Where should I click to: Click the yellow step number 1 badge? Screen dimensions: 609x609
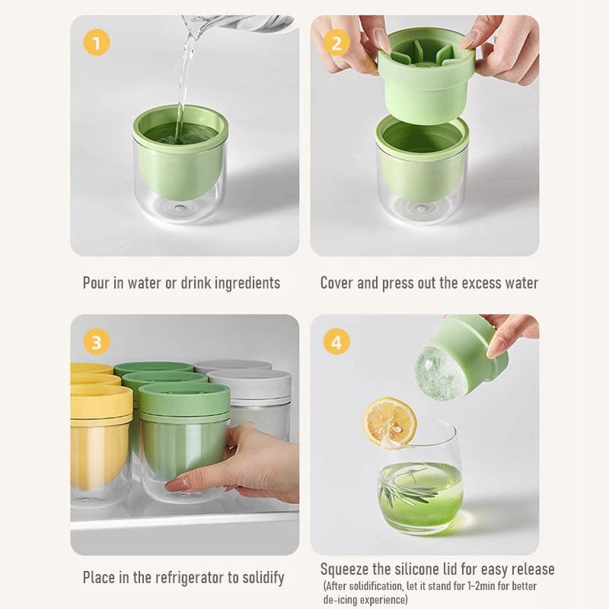coord(97,43)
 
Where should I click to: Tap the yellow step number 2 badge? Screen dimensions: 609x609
coord(336,43)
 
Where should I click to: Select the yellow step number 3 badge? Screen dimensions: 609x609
coord(97,342)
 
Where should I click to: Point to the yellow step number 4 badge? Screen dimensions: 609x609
coord(336,342)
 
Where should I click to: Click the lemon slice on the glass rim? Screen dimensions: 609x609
coord(390,422)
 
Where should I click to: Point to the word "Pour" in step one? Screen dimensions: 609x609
coord(96,282)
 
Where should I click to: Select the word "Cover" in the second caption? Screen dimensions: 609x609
coord(336,282)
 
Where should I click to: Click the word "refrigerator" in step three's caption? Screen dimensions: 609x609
coord(189,578)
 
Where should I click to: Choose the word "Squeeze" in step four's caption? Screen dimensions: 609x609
coord(345,569)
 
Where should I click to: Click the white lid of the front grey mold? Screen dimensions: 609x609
coord(250,384)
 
